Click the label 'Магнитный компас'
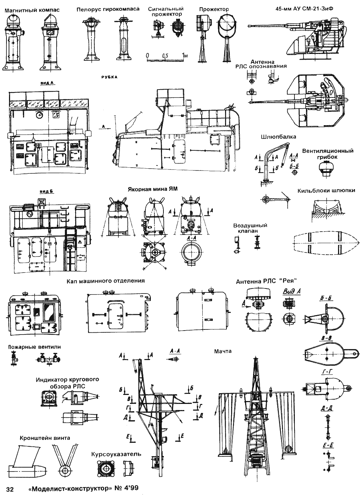[32, 10]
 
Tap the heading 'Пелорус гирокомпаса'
[108, 9]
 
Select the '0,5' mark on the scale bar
[165, 55]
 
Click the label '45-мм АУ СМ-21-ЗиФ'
[304, 9]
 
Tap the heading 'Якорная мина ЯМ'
[153, 189]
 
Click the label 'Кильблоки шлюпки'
[326, 191]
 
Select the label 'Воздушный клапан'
[250, 228]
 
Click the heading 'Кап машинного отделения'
[105, 281]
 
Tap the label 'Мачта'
[223, 351]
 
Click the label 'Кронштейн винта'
[45, 437]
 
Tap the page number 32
[10, 488]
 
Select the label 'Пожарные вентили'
[34, 347]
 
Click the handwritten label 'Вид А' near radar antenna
[292, 292]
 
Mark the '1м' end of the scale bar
[185, 55]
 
